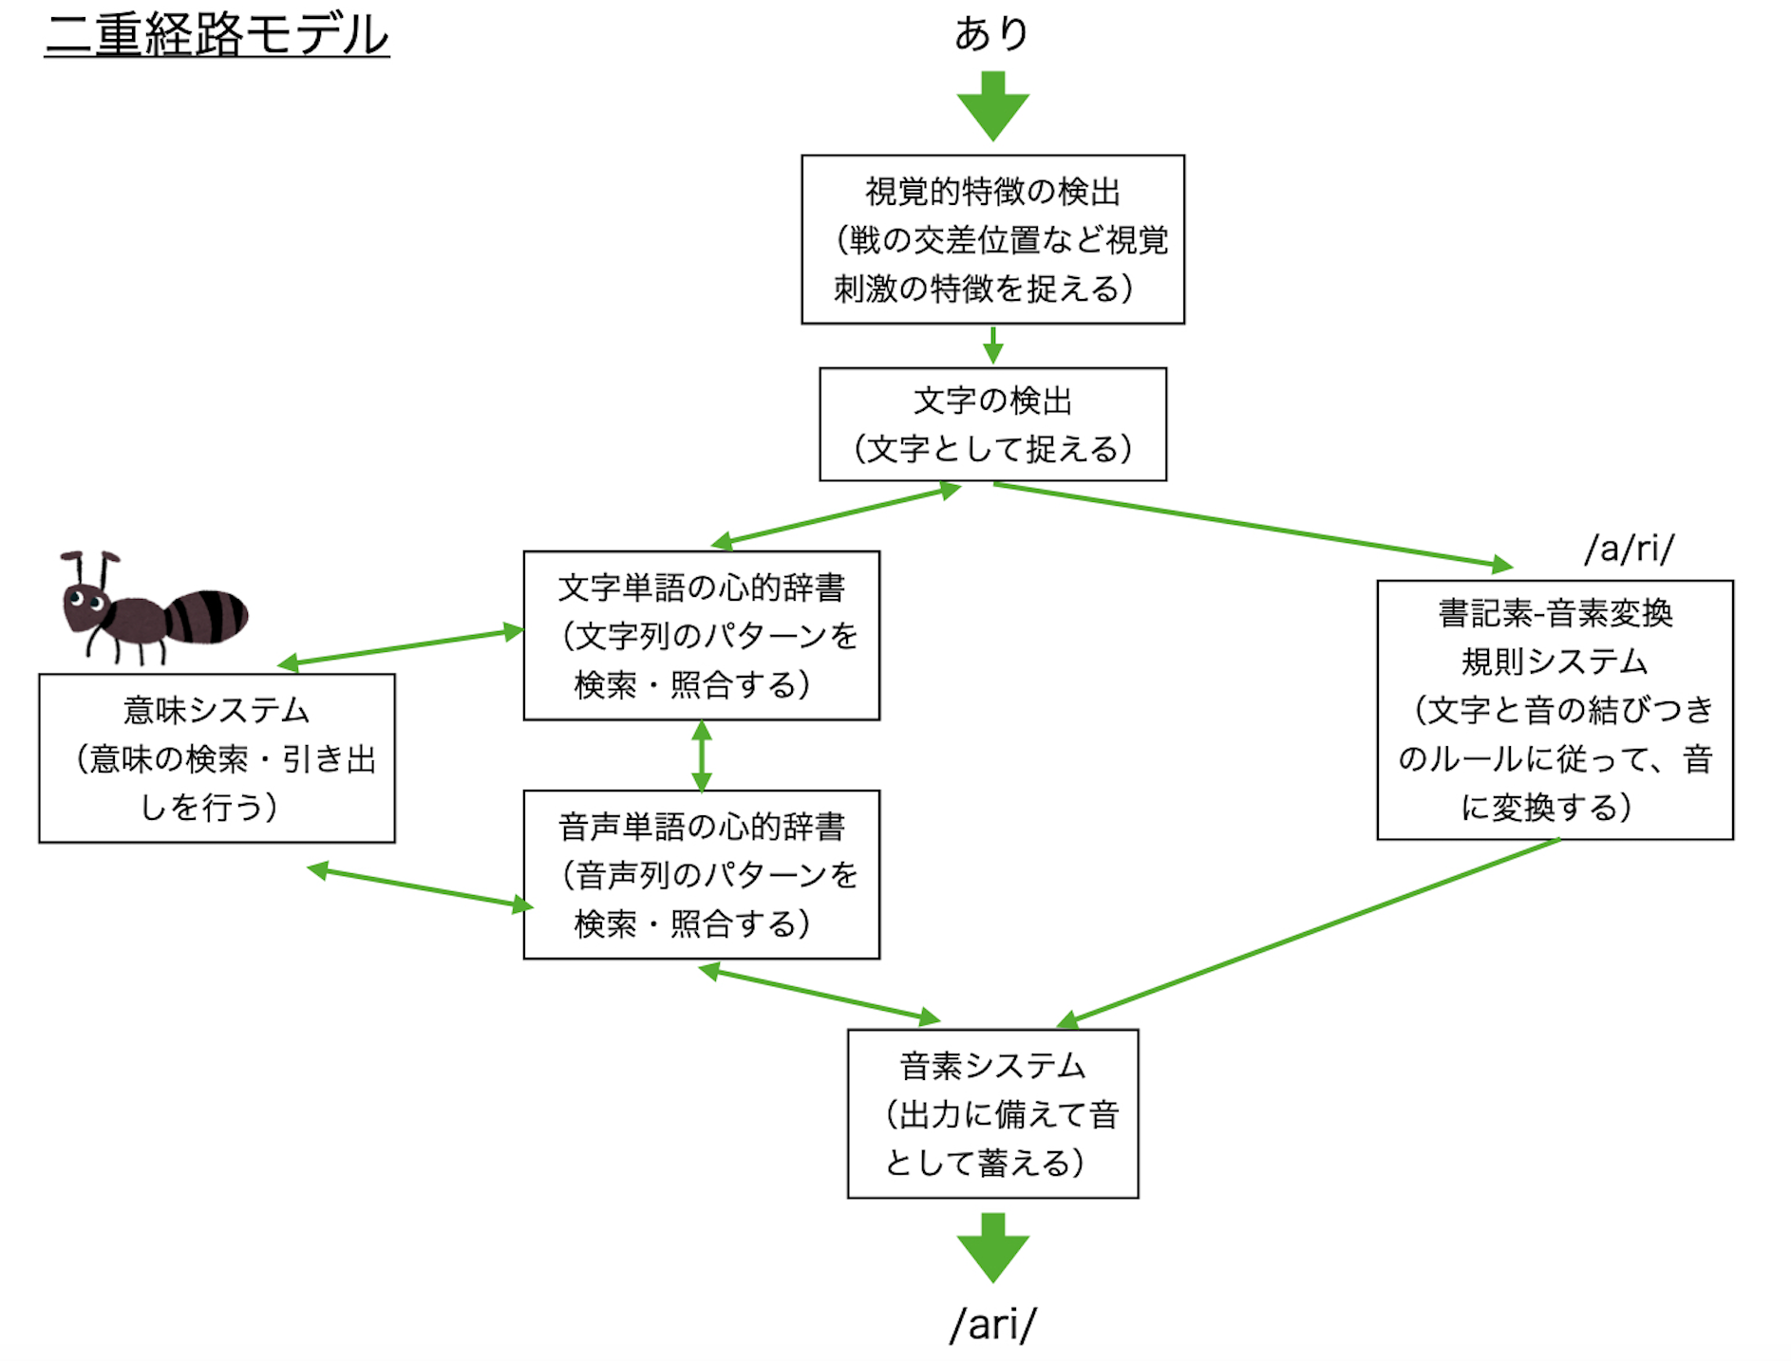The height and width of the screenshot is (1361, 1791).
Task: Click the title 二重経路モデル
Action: coord(217,35)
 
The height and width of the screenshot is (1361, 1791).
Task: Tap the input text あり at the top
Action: coord(991,33)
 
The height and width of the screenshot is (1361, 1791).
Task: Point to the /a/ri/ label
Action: coord(1629,549)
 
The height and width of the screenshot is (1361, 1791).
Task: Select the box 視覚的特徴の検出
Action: coord(992,239)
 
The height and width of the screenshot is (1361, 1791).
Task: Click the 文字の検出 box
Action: coord(992,424)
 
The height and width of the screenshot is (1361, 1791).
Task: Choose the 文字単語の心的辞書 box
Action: coord(701,635)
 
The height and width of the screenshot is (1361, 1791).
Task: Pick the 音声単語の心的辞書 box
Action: coord(701,874)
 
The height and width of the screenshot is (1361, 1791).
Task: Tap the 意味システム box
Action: coord(217,758)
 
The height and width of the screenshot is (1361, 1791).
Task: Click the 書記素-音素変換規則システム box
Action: coord(1555,710)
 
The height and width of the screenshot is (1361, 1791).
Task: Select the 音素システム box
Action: coord(992,1113)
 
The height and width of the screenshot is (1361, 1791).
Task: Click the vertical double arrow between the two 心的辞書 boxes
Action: coord(702,755)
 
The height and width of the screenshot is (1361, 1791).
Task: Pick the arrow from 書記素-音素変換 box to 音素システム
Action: coord(1310,930)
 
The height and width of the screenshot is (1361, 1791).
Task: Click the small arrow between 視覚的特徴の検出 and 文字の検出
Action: coord(992,345)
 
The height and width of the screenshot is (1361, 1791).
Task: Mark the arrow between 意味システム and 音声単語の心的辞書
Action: coord(420,887)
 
